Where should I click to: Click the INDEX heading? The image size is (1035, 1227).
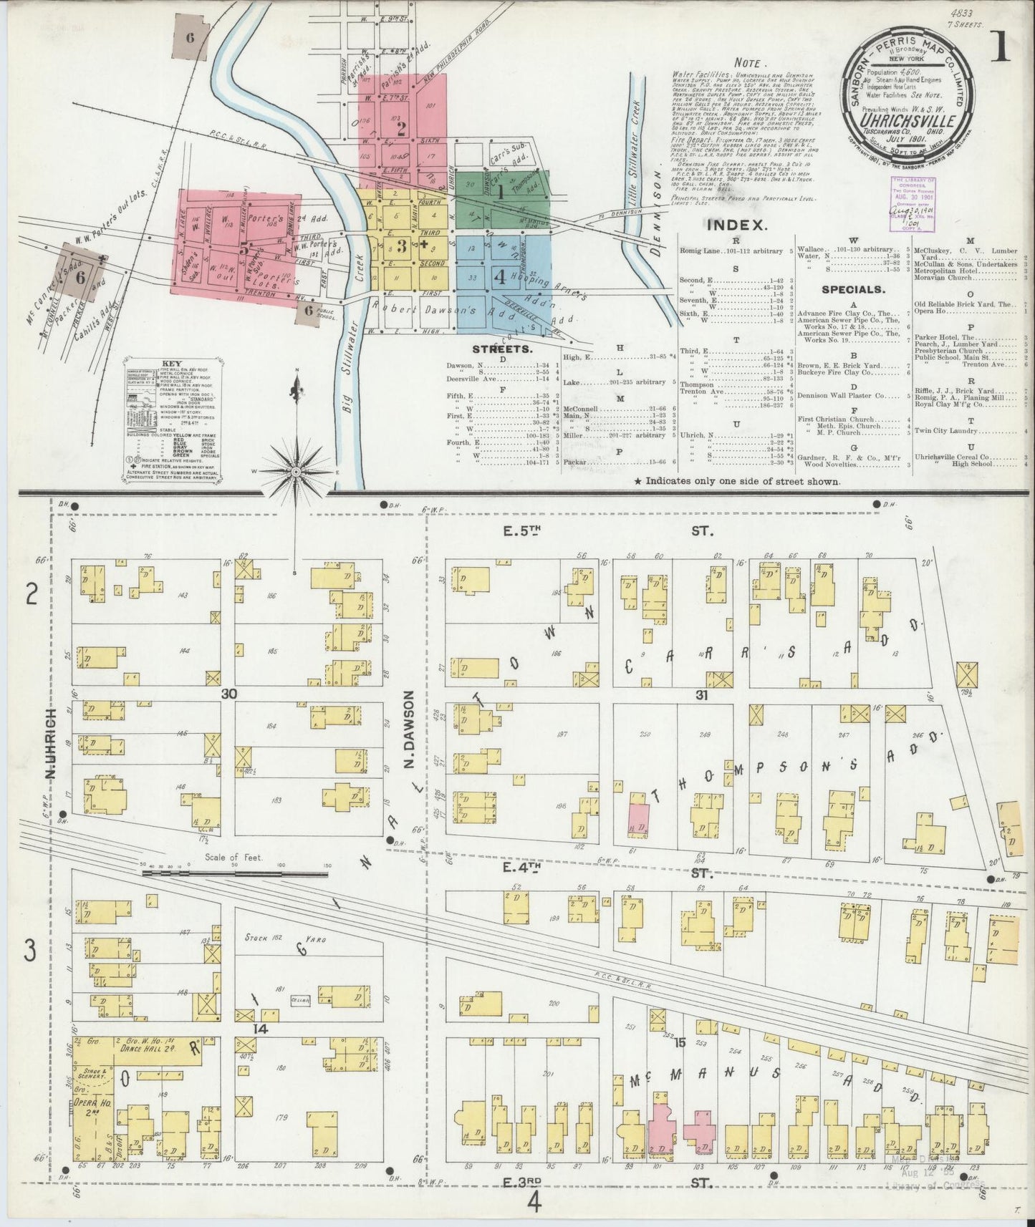click(738, 225)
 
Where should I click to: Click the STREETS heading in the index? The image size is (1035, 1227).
click(501, 349)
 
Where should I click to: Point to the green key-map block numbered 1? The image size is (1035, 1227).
click(501, 192)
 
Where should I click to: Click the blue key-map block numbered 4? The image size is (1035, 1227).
click(501, 276)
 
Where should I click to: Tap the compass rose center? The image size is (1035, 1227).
click(296, 471)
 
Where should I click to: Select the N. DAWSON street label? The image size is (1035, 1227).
click(409, 729)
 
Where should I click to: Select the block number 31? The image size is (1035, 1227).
click(701, 694)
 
